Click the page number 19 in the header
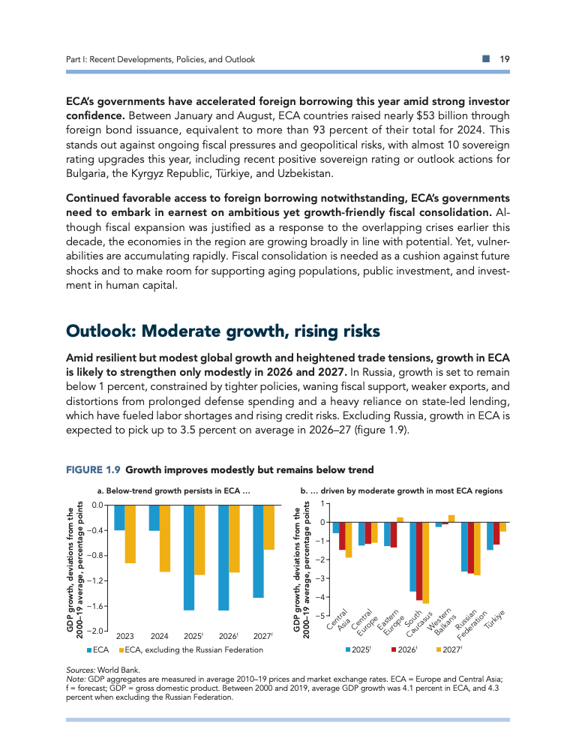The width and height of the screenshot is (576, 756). (x=505, y=59)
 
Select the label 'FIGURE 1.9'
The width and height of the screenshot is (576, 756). (x=94, y=470)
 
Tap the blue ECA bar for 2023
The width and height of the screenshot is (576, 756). (x=119, y=517)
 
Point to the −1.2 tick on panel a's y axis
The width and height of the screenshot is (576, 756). (x=94, y=580)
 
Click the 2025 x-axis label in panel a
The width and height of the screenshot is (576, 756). (x=195, y=636)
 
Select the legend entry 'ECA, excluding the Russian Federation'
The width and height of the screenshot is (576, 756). (x=189, y=649)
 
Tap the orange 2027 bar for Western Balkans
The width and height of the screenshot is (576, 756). (x=451, y=518)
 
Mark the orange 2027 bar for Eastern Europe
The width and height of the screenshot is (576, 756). (x=400, y=519)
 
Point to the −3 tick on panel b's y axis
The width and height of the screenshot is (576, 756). (x=321, y=578)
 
